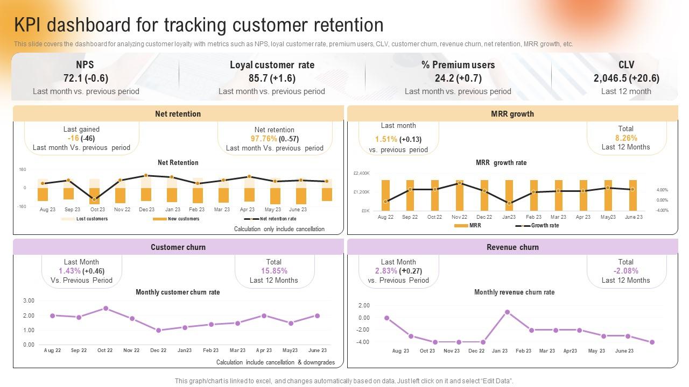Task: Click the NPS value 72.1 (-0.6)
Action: (x=86, y=78)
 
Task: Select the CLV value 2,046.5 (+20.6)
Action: (x=626, y=78)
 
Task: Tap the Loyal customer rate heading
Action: (x=272, y=65)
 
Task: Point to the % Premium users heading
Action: (x=458, y=65)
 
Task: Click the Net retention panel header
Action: (x=178, y=114)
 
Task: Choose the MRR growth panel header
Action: (x=512, y=114)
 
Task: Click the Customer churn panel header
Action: (x=178, y=247)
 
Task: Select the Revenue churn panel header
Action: (x=512, y=247)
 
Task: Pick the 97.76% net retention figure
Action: (x=263, y=139)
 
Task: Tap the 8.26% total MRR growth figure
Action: (x=625, y=138)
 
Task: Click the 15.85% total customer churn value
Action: (x=273, y=271)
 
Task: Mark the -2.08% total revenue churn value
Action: (x=625, y=271)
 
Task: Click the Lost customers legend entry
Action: (x=92, y=219)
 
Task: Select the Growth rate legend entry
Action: (x=545, y=226)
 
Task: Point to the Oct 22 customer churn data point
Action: (x=106, y=309)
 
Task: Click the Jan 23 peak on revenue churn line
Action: (x=507, y=312)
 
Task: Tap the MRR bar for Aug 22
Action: (x=385, y=195)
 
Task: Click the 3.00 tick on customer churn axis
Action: (x=29, y=300)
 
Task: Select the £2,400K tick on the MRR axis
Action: (x=361, y=174)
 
